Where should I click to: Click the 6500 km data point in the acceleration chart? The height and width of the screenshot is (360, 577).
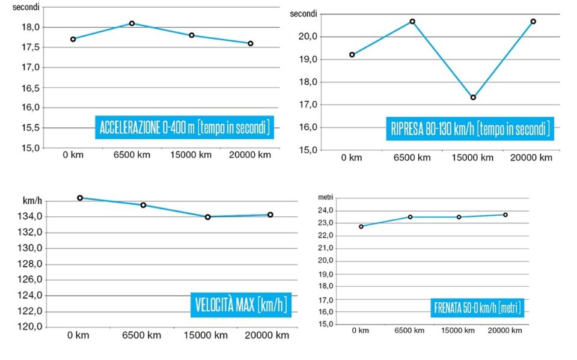[x=132, y=23]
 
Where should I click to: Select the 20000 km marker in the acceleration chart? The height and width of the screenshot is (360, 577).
[x=250, y=43]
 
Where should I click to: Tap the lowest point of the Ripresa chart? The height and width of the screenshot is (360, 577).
[x=473, y=97]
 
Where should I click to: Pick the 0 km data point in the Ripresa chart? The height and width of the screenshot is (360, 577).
[x=352, y=55]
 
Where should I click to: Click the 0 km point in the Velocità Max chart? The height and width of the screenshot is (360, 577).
[x=80, y=198]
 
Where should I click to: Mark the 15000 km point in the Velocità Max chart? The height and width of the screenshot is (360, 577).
[x=207, y=217]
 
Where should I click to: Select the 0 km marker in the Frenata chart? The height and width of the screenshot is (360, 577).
[x=361, y=227]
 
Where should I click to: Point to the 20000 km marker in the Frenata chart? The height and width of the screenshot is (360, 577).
[x=505, y=215]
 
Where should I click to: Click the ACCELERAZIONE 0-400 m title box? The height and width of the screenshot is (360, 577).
[x=184, y=128]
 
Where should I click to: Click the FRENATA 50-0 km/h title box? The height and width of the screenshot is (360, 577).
[x=477, y=308]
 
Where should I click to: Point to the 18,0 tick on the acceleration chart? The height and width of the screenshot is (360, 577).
[x=31, y=27]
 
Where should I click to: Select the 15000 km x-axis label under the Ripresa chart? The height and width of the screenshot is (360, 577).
[x=473, y=158]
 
